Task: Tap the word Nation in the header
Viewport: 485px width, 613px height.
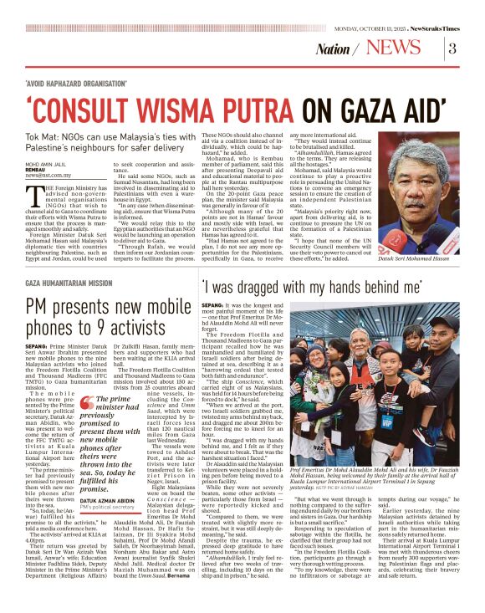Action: [333, 49]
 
